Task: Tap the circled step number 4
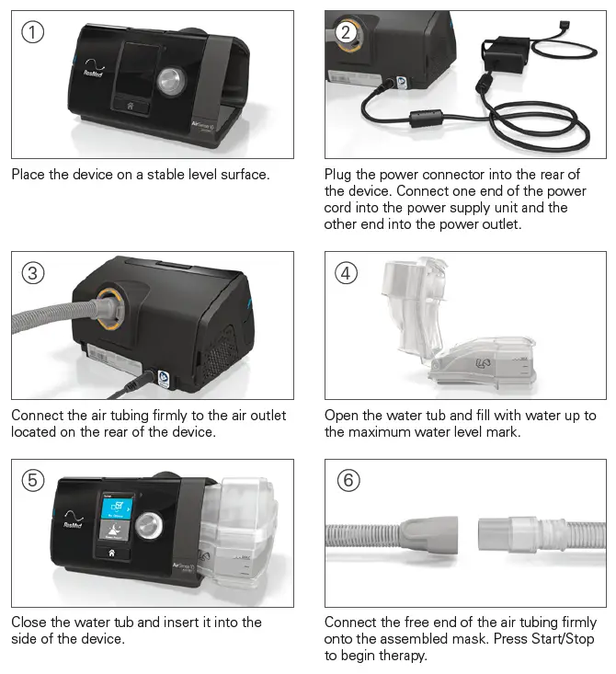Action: click(x=346, y=273)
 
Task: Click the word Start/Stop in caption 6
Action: click(x=546, y=640)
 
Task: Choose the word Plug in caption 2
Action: click(x=339, y=174)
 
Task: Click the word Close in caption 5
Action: click(x=29, y=623)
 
